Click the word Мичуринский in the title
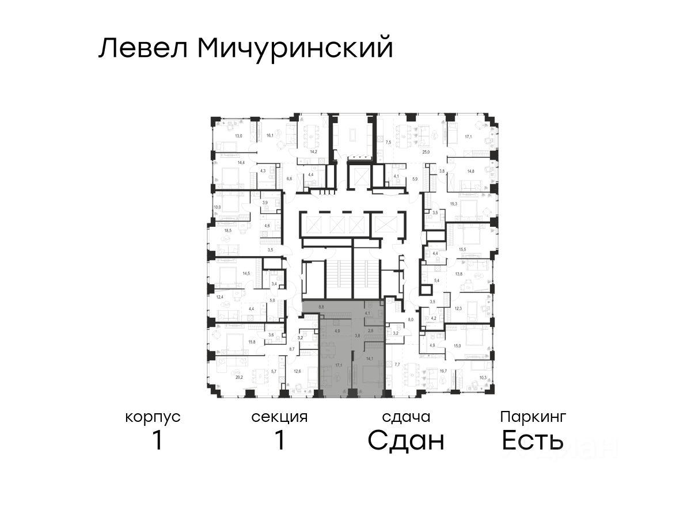tap(295, 48)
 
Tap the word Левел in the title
tap(143, 48)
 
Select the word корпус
tap(153, 417)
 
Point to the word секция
tap(279, 417)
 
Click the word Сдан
tap(407, 441)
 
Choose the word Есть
tap(532, 441)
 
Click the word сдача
tap(407, 417)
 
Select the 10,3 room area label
tap(483, 378)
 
